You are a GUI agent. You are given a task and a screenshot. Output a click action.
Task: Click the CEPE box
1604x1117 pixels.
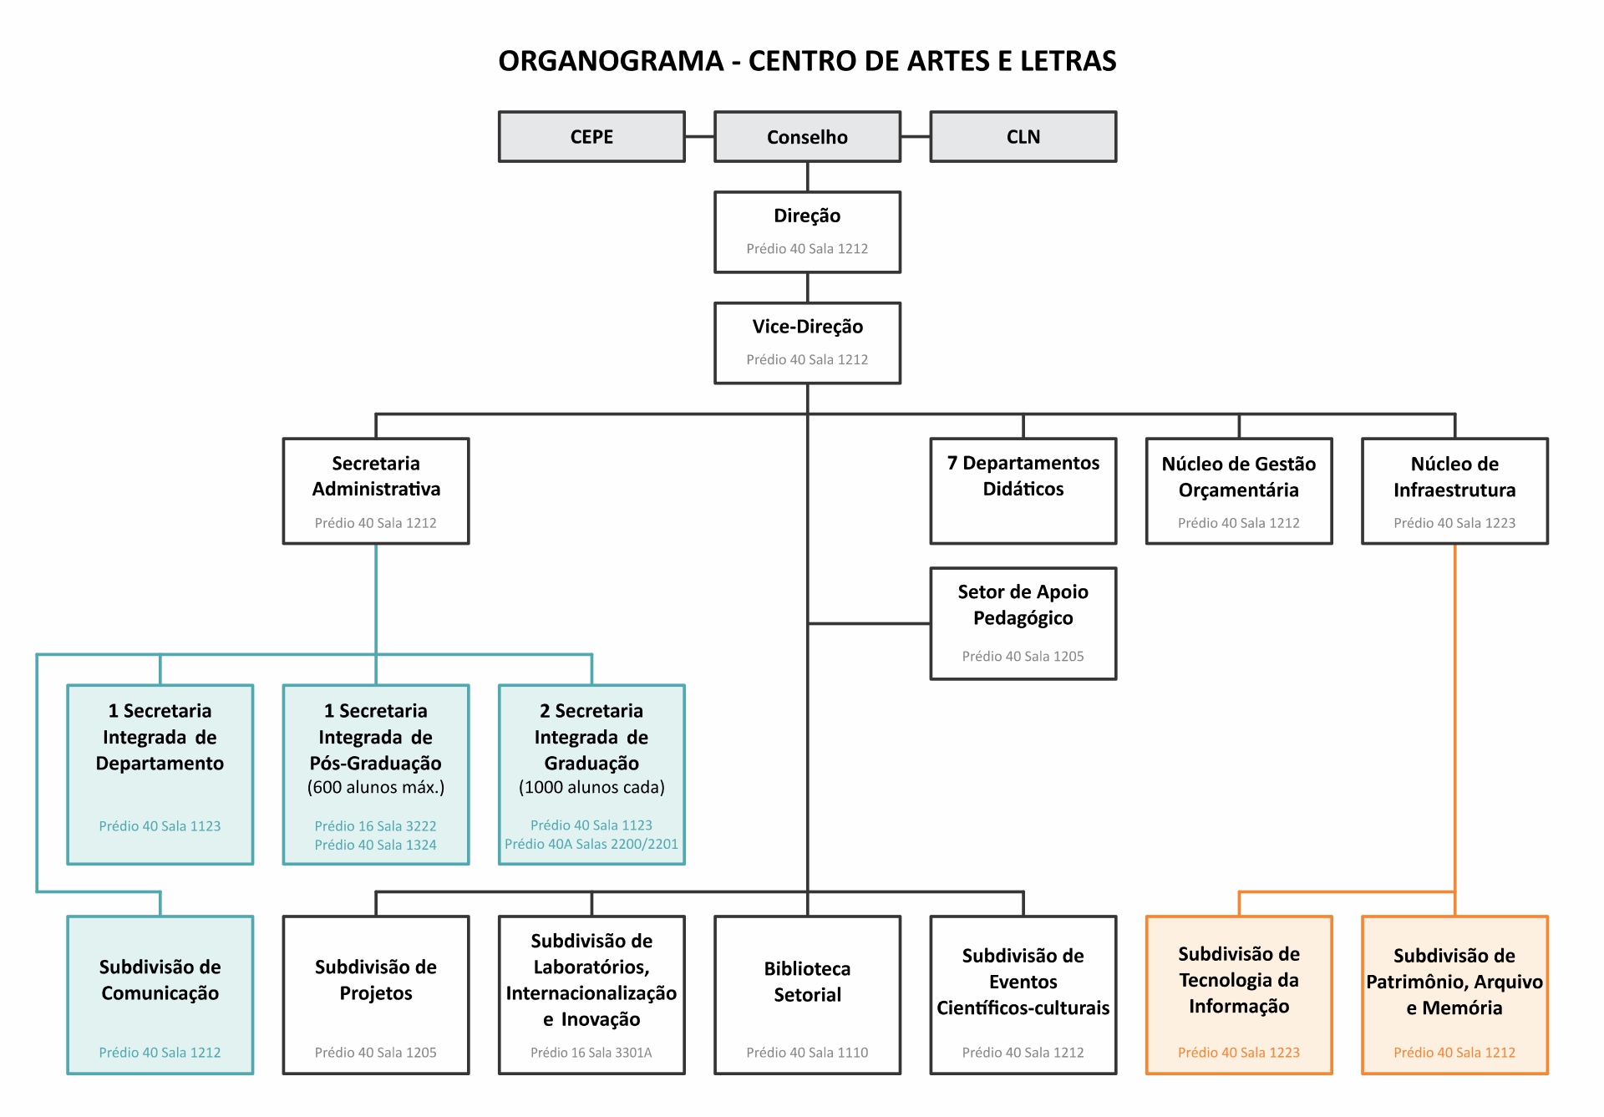click(x=591, y=137)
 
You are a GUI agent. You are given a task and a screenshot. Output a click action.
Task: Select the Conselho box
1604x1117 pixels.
click(x=807, y=137)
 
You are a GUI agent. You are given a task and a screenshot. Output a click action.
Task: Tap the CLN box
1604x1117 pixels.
click(x=1023, y=137)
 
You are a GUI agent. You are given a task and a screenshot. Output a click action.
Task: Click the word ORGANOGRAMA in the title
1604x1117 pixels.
click(x=611, y=61)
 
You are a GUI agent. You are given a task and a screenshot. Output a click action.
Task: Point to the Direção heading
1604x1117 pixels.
click(x=807, y=216)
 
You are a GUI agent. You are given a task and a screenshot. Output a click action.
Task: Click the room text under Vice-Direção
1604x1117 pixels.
click(x=807, y=359)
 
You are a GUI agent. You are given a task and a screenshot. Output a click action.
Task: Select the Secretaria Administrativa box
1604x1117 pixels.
click(x=376, y=491)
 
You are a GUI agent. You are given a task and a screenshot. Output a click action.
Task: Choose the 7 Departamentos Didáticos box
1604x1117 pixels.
click(x=1023, y=491)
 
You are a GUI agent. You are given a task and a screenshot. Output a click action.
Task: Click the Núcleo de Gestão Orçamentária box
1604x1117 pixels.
click(x=1238, y=491)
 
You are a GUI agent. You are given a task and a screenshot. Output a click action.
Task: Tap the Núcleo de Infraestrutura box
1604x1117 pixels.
click(x=1454, y=491)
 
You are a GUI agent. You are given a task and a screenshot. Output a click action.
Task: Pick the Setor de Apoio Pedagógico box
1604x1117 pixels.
click(x=1023, y=623)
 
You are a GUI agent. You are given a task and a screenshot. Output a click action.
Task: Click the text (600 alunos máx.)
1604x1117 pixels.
click(x=376, y=787)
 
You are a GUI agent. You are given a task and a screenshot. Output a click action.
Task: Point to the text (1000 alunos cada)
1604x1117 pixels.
click(x=591, y=787)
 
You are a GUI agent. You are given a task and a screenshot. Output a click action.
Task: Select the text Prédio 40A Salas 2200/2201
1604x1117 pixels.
click(x=591, y=844)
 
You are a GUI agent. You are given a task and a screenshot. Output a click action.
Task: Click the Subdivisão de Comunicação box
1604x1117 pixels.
click(x=160, y=994)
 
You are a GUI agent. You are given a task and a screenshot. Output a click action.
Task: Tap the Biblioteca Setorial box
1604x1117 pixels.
click(x=807, y=994)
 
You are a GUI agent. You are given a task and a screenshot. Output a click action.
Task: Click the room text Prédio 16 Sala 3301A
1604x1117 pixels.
click(x=591, y=1053)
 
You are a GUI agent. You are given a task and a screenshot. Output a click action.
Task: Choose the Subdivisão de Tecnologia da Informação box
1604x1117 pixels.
click(x=1238, y=994)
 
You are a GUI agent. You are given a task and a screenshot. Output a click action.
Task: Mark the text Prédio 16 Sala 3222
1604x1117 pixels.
click(x=376, y=825)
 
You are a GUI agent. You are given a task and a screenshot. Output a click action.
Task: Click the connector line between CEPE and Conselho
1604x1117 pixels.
click(x=700, y=136)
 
